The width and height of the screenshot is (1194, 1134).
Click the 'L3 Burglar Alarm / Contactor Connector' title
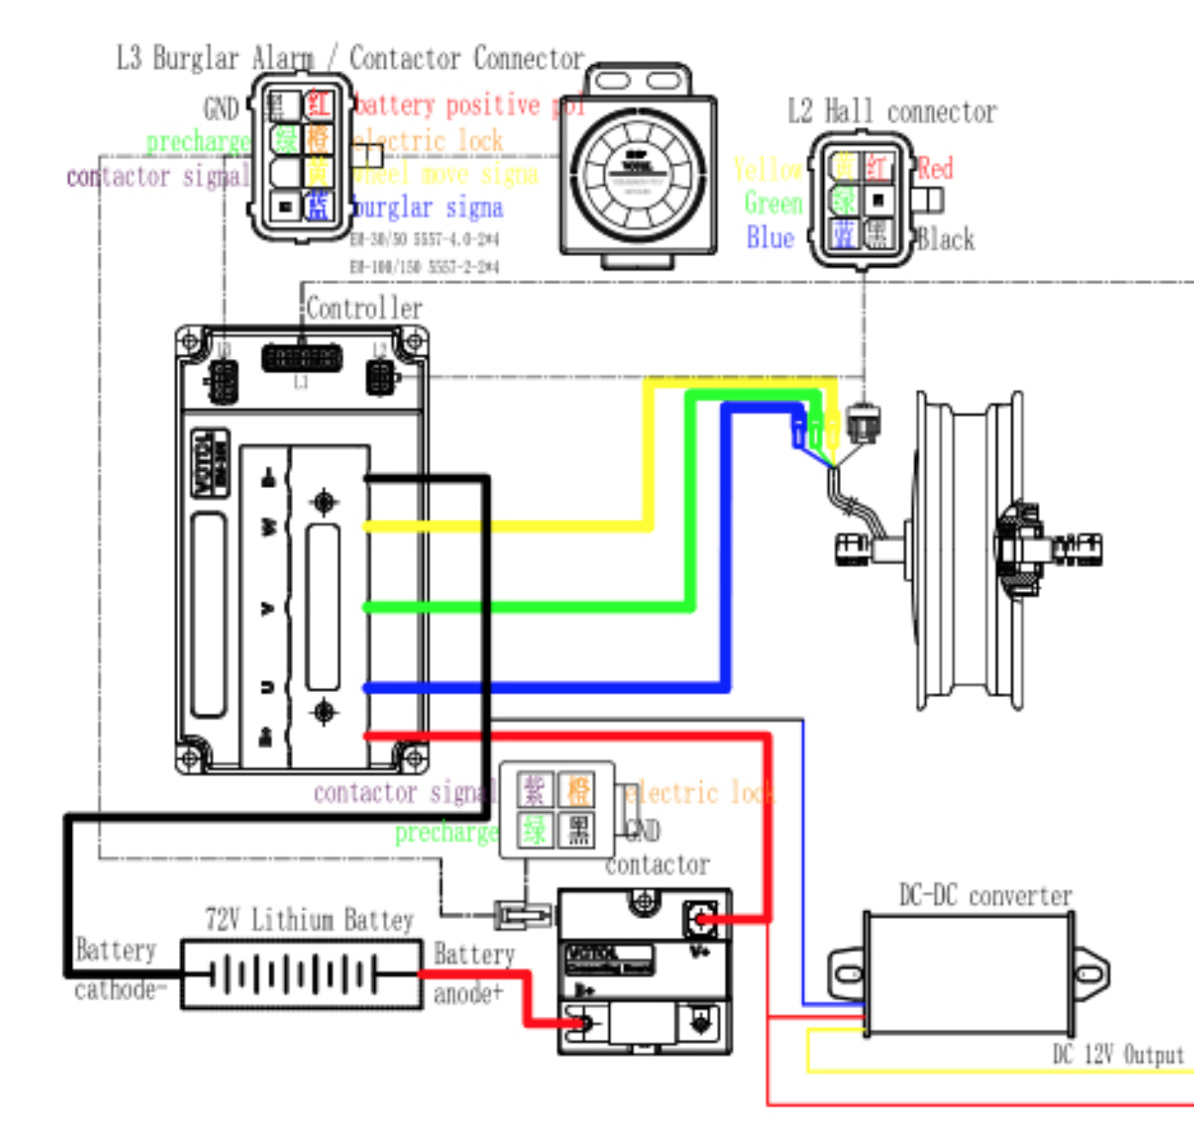click(x=350, y=58)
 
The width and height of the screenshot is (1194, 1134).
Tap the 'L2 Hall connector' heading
click(x=892, y=111)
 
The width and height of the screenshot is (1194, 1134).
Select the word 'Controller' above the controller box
click(x=364, y=308)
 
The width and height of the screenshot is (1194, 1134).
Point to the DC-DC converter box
click(x=968, y=974)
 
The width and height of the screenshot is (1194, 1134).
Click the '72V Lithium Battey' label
click(x=309, y=920)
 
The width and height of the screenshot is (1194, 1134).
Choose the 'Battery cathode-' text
click(x=116, y=970)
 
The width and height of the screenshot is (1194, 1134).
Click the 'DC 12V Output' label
click(x=1118, y=1054)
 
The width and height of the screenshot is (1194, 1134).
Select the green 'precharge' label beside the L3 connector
click(x=198, y=141)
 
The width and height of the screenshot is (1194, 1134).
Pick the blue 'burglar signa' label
click(x=428, y=208)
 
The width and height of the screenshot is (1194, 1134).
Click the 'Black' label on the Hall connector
click(x=946, y=239)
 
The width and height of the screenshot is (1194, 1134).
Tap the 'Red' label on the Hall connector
click(x=934, y=168)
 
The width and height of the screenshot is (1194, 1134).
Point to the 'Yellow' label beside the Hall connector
click(x=767, y=170)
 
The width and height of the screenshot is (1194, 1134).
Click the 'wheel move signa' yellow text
click(x=445, y=175)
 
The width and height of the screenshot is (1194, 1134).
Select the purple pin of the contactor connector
click(x=534, y=790)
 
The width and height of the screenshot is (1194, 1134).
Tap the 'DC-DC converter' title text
click(x=985, y=896)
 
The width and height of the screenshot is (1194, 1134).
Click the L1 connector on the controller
click(x=301, y=358)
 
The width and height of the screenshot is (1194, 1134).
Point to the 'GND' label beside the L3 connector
click(x=220, y=109)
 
